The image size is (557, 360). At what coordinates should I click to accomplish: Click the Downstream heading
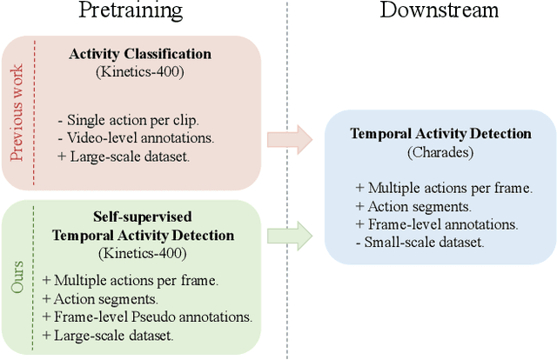point(439,11)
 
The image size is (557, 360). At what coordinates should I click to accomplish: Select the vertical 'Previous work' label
point(17,112)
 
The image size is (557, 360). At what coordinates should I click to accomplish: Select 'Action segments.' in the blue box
point(406,205)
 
